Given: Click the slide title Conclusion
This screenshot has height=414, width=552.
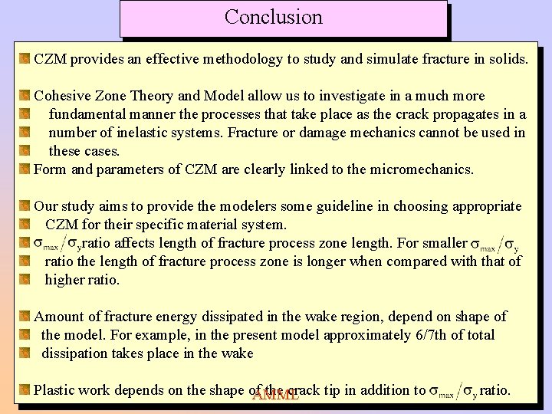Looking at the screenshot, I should pyautogui.click(x=274, y=17).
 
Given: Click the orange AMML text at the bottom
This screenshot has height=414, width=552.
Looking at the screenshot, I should pyautogui.click(x=275, y=396).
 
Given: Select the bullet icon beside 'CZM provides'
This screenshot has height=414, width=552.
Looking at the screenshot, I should pyautogui.click(x=25, y=59).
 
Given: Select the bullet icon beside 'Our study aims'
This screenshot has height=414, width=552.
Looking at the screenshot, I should pyautogui.click(x=25, y=206).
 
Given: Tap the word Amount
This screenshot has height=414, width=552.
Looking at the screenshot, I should pyautogui.click(x=58, y=317).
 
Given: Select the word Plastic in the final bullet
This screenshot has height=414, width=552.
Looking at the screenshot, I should pyautogui.click(x=55, y=390).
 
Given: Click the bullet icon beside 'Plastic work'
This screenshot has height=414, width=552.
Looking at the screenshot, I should pyautogui.click(x=25, y=390).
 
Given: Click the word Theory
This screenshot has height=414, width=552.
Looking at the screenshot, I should pyautogui.click(x=152, y=96).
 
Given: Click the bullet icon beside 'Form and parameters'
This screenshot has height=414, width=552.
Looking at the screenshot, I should pyautogui.click(x=25, y=169).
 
